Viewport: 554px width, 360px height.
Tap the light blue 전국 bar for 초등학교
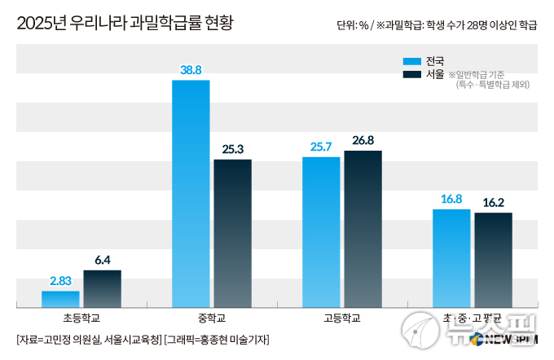(x=60, y=299)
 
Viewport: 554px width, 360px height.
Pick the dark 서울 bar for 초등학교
(x=102, y=288)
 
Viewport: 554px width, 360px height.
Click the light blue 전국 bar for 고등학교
(x=321, y=231)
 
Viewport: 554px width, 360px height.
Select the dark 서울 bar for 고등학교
(x=363, y=229)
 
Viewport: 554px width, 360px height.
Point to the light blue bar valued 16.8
(x=451, y=257)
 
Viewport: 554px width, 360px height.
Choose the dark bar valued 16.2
(x=493, y=259)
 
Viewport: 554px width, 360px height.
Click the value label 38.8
(x=191, y=70)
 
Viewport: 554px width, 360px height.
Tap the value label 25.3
(x=232, y=149)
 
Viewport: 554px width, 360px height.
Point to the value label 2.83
(x=61, y=281)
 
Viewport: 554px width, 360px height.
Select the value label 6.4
(x=102, y=260)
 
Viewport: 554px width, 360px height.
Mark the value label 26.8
(x=363, y=140)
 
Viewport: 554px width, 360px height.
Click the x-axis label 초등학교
(x=81, y=318)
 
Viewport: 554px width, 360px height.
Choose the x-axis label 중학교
(x=212, y=318)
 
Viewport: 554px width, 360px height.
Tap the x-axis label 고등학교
(x=342, y=318)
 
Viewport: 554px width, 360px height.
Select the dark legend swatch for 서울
(x=411, y=75)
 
